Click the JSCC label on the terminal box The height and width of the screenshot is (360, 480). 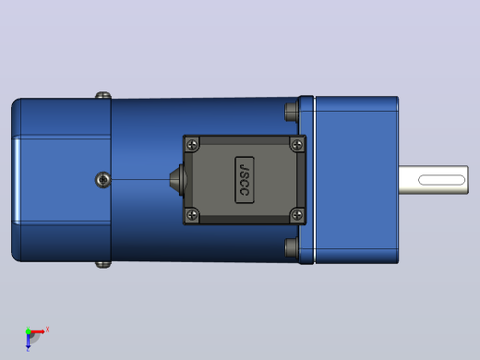tap(245, 180)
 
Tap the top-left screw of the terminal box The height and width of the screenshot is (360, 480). tap(193, 144)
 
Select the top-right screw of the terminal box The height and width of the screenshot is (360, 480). tap(297, 144)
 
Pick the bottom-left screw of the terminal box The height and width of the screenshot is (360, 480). tap(193, 214)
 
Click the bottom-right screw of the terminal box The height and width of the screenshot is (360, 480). tap(297, 214)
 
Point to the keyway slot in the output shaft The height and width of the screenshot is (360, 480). tap(441, 180)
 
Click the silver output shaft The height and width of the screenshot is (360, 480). tap(434, 180)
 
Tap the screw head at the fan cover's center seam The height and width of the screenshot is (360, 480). tap(103, 180)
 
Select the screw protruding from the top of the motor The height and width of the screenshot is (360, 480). tap(103, 95)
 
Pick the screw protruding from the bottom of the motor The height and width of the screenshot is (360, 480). tap(103, 265)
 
